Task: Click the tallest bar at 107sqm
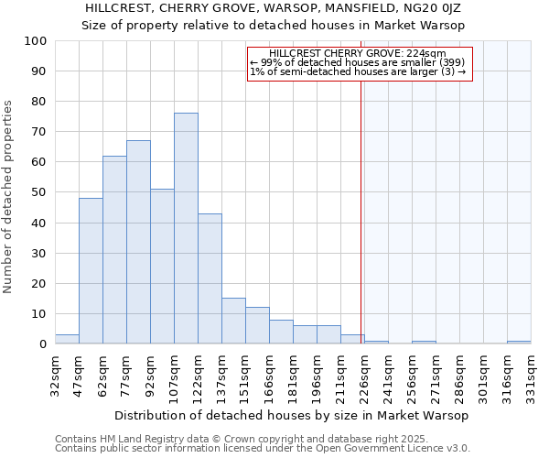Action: click(x=186, y=228)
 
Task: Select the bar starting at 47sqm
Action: click(x=91, y=270)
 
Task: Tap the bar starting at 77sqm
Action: click(x=138, y=242)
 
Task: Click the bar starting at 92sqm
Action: click(x=162, y=266)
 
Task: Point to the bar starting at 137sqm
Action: click(x=233, y=321)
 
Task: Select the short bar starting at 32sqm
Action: click(x=67, y=339)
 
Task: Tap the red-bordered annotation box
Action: click(x=359, y=63)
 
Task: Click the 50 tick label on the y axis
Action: click(x=39, y=192)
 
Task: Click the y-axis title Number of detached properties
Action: click(x=9, y=197)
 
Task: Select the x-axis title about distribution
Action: click(x=293, y=415)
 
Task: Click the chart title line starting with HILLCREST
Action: click(x=274, y=7)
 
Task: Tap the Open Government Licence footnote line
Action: click(x=262, y=449)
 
